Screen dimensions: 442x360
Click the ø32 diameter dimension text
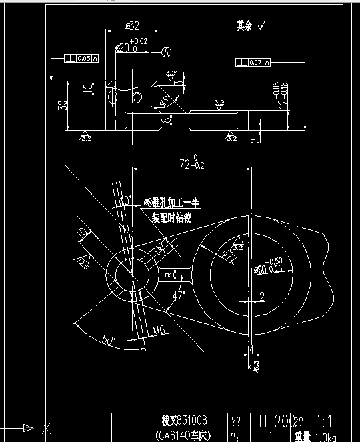132,27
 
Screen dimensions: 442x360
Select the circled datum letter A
167,51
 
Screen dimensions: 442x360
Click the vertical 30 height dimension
62,105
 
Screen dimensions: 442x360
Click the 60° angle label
108,339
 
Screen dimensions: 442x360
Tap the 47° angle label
178,295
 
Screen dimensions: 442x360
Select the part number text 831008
191,421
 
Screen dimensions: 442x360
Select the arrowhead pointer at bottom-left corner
27,427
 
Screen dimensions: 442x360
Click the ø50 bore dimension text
261,269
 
